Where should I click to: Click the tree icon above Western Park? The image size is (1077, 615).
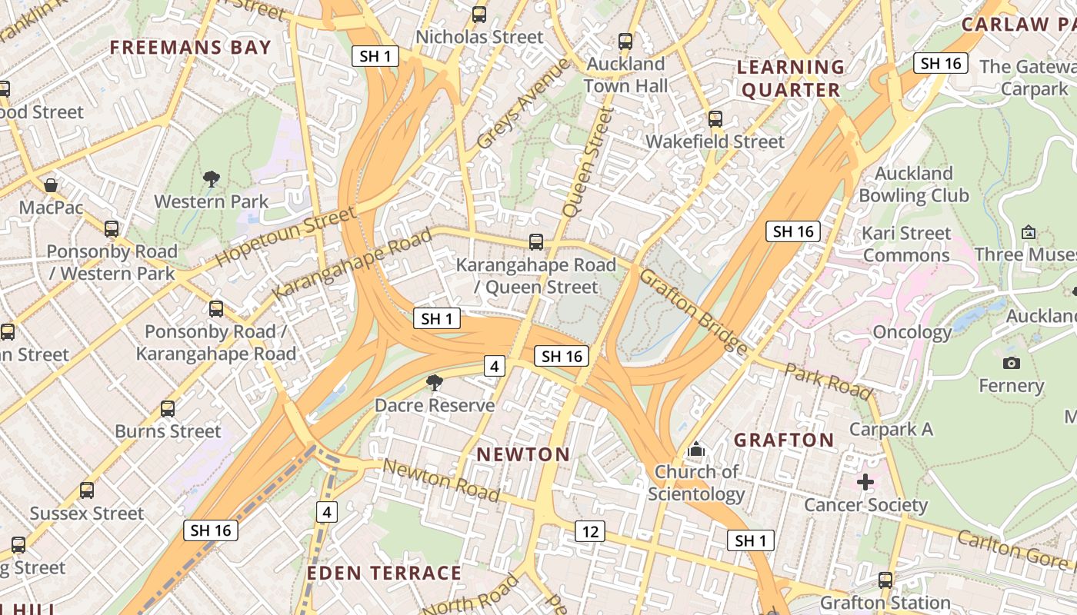[x=212, y=180]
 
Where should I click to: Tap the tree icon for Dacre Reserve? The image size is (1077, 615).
[x=435, y=383]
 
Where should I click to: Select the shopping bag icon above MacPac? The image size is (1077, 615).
[x=51, y=185]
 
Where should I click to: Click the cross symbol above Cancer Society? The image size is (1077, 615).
[x=865, y=482]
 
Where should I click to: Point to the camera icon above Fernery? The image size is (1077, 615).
[x=1012, y=363]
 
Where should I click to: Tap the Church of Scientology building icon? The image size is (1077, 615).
[x=696, y=449]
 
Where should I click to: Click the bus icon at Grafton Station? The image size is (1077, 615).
[x=885, y=580]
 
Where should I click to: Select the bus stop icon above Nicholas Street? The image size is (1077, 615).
[x=479, y=15]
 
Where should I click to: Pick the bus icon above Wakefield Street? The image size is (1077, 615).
[x=715, y=119]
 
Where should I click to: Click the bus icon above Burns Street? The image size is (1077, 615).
[x=168, y=409]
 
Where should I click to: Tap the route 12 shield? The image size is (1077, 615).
[x=589, y=531]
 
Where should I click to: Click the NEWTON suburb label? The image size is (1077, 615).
[x=523, y=454]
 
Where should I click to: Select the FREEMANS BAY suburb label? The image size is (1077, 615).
[x=191, y=48]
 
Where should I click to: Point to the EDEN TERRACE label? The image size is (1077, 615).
[x=384, y=573]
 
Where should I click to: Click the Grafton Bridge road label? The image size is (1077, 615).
[x=693, y=311]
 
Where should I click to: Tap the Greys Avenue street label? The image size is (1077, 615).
[x=523, y=104]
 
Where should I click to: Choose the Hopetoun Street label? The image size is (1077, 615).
[x=285, y=236]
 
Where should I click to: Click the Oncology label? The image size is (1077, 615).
[x=912, y=332]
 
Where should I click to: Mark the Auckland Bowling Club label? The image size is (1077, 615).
[x=913, y=184]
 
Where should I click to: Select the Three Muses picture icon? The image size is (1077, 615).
[x=1029, y=232]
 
